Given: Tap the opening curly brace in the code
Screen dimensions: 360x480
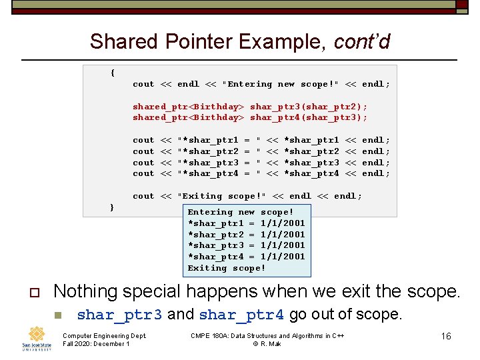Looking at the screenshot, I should (x=112, y=73).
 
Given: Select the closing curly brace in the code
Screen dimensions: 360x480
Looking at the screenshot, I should (x=112, y=207).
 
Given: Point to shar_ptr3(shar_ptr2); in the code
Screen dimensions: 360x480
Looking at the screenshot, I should (x=309, y=107).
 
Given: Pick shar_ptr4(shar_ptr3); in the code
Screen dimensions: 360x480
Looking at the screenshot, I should (x=309, y=117).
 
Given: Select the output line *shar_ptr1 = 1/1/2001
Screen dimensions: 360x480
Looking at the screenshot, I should (x=246, y=223).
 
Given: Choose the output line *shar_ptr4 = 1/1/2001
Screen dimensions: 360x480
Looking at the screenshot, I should (x=246, y=257).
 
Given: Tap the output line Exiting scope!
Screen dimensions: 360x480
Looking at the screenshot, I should (x=227, y=268).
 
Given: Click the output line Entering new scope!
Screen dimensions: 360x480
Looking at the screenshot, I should (x=241, y=211).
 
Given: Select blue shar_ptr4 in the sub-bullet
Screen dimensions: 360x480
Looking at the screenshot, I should (x=241, y=315).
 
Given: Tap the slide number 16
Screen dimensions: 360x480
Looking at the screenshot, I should (x=445, y=336).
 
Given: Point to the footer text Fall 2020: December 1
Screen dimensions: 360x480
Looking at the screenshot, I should (x=95, y=344).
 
